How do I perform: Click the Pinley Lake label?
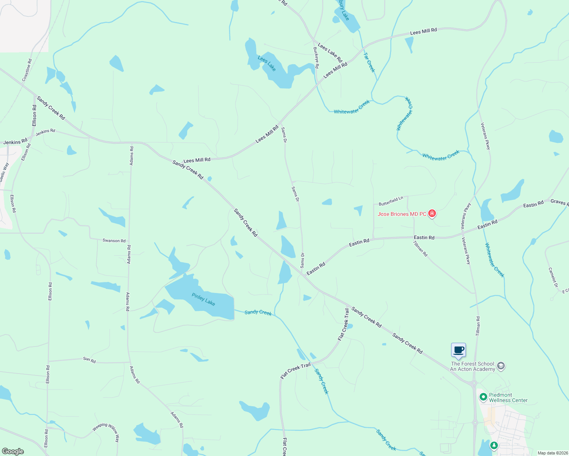pos(203,299)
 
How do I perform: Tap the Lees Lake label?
pos(267,63)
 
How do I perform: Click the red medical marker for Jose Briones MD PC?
pos(432,214)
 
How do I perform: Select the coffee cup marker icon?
pos(458,350)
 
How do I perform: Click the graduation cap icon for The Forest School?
pos(501,366)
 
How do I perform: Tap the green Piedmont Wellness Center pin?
pos(483,397)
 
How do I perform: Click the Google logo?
pos(13,451)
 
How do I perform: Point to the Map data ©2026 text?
pos(552,453)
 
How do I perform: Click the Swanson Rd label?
pos(114,241)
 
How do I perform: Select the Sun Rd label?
pos(89,360)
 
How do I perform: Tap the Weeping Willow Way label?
pos(106,432)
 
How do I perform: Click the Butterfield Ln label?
pos(391,201)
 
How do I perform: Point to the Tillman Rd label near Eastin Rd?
pos(421,249)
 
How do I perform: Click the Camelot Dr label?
pos(553,277)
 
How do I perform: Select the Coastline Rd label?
pos(27,70)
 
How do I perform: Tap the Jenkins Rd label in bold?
pos(15,142)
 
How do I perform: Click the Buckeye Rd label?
pos(316,57)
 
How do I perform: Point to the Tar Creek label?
pos(369,62)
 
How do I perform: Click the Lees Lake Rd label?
pos(330,52)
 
